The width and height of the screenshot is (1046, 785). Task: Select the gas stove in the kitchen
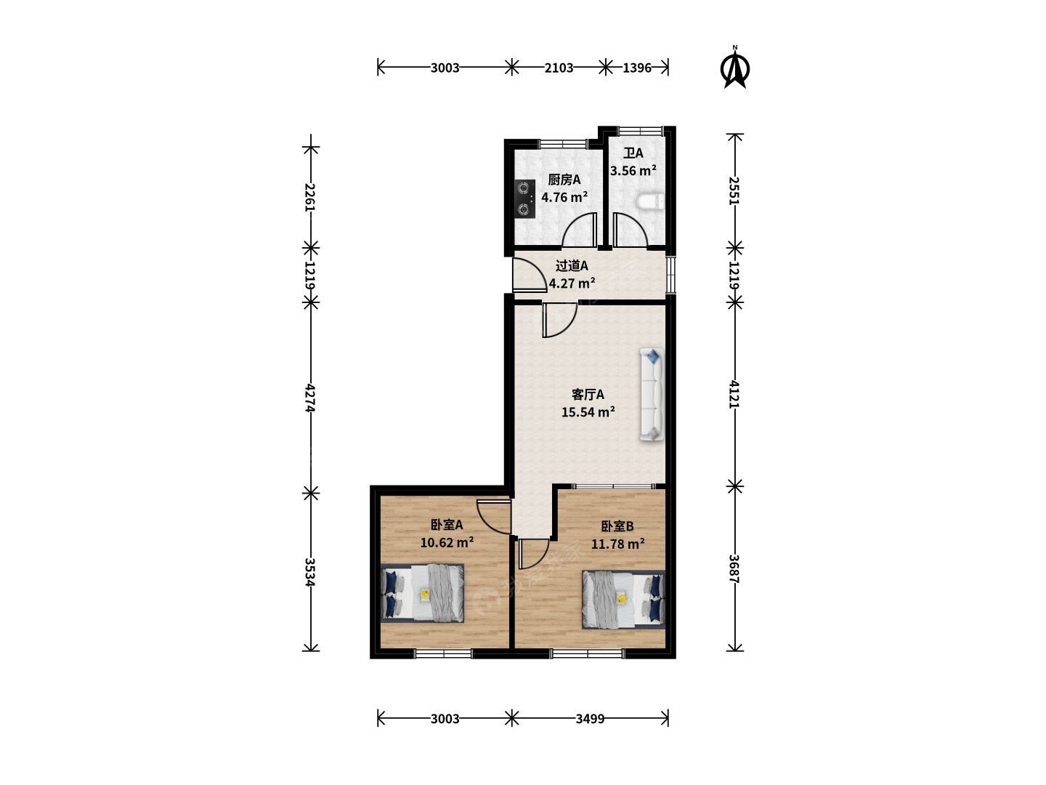[x=524, y=198]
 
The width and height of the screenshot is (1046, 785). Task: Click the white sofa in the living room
[x=652, y=394]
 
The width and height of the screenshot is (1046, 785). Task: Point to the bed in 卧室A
[x=422, y=593]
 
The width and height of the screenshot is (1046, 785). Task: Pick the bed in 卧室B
[x=623, y=600]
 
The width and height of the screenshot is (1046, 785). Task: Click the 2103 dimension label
[x=559, y=68]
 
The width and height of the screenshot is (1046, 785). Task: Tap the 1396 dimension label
[x=636, y=68]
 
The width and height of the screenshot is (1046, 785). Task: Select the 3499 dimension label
[x=590, y=718]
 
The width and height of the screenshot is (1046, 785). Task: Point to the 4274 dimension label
[x=311, y=398]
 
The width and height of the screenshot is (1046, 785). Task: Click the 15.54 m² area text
[x=588, y=412]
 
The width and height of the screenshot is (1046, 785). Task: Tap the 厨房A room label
[x=564, y=180]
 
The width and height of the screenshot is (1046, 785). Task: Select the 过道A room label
[x=572, y=265]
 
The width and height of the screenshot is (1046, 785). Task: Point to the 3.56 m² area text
[x=633, y=170]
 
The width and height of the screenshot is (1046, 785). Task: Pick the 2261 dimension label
[x=311, y=197]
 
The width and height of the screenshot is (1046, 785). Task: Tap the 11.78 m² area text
[x=617, y=544]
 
